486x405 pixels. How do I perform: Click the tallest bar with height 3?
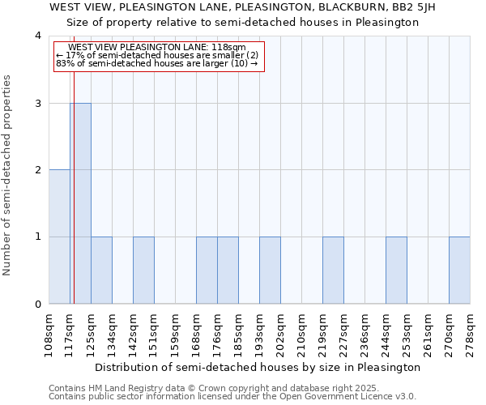point(80,203)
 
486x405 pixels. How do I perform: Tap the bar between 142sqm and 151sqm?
point(143,271)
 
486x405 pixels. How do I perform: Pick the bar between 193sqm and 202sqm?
point(270,271)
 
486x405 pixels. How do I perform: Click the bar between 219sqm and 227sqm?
point(333,271)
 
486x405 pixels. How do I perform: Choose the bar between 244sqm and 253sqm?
point(396,271)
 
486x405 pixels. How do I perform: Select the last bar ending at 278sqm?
point(459,271)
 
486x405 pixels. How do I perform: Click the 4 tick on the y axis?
point(37,36)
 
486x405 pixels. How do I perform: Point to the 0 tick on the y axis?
point(37,305)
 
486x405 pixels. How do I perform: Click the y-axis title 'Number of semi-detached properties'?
point(8,175)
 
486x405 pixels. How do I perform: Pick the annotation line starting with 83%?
point(158,63)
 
